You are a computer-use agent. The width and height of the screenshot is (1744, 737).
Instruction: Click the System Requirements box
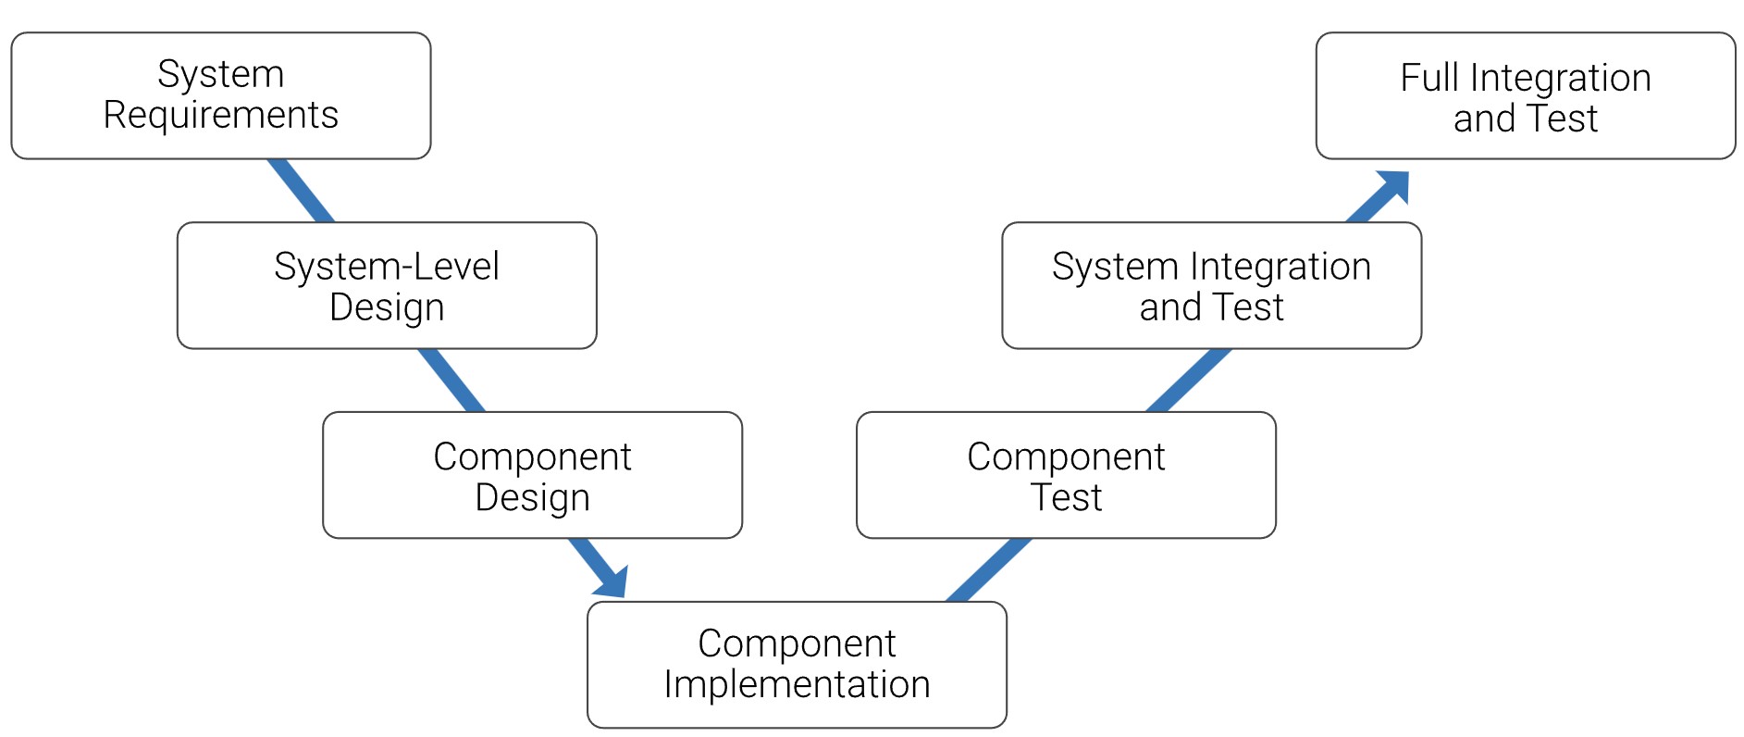(x=220, y=95)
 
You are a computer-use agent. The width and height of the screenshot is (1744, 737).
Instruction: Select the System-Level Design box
(x=387, y=285)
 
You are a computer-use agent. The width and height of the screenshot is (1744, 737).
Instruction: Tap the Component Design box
(x=532, y=475)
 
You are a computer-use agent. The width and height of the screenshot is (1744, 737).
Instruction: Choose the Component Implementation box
(x=797, y=665)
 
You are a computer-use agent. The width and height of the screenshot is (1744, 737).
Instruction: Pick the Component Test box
(x=1066, y=475)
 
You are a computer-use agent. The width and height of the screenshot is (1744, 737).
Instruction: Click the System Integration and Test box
(x=1211, y=285)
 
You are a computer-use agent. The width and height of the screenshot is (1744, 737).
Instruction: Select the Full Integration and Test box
(x=1526, y=95)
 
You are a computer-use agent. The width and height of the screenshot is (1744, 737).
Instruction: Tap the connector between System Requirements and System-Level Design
(x=301, y=191)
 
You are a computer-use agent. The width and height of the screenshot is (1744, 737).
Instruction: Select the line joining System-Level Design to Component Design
(x=451, y=381)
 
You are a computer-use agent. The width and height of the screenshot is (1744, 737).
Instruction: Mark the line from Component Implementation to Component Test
(x=988, y=569)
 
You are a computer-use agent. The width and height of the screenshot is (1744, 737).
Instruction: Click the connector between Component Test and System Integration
(x=1189, y=381)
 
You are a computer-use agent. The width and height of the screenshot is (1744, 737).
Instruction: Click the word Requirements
(x=220, y=116)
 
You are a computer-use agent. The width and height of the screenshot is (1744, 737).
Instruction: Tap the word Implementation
(x=797, y=685)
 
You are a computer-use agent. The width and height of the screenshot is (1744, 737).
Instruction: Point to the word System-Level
(x=387, y=267)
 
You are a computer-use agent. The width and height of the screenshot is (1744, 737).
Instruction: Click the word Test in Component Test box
(x=1066, y=498)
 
